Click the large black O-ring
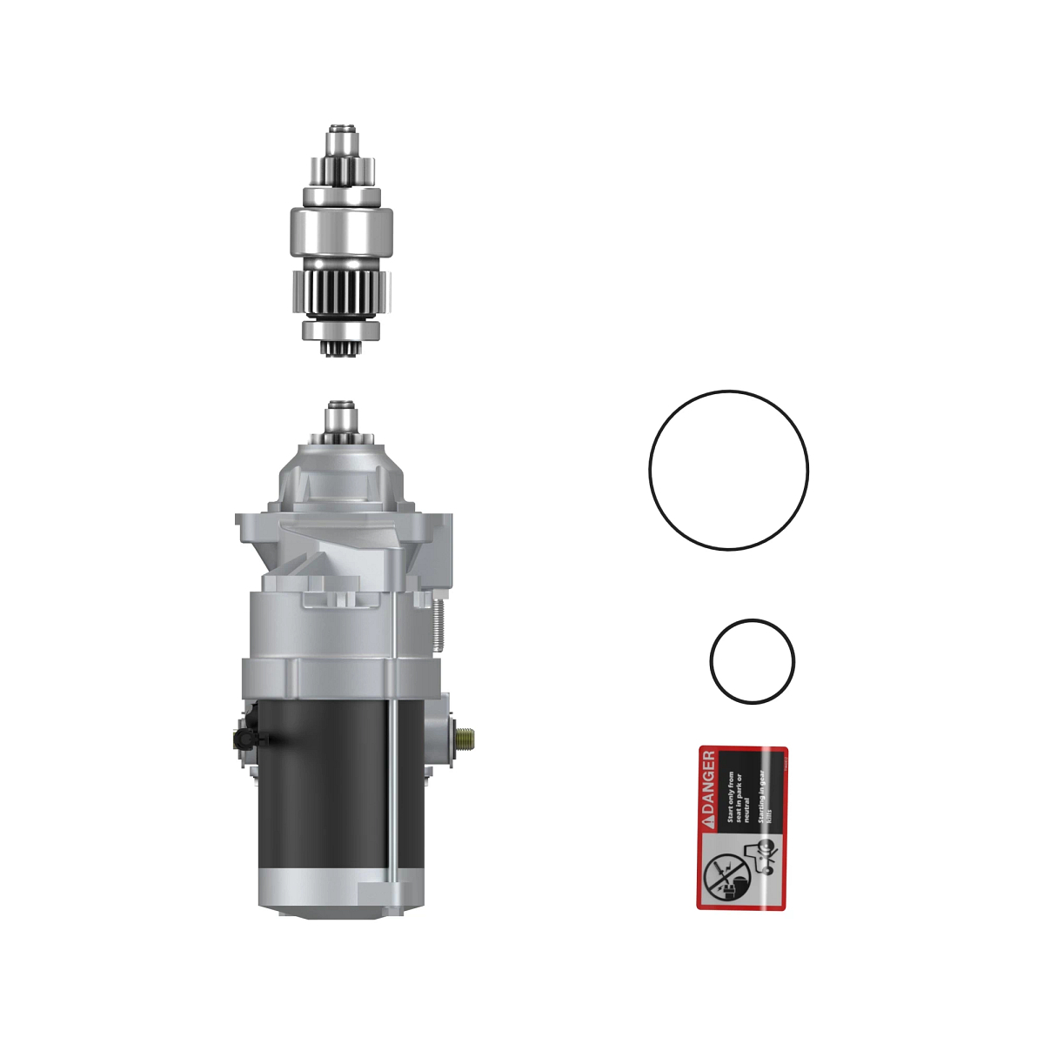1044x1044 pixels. point(651,470)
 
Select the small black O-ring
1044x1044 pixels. point(712,661)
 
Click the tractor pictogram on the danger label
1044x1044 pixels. point(760,857)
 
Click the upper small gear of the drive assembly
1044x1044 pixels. point(342,170)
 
